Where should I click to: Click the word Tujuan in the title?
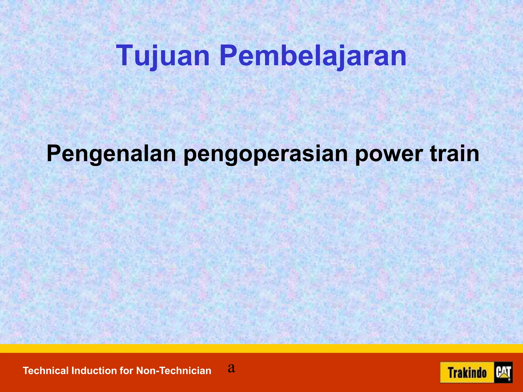coord(163,56)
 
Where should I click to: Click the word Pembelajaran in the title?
coord(313,56)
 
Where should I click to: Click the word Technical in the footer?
coord(46,371)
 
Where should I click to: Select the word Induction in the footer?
coord(94,371)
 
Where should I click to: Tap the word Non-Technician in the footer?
coord(174,371)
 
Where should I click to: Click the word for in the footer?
coord(127,371)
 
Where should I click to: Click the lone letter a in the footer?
coord(231,368)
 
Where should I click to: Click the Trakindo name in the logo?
coord(467,373)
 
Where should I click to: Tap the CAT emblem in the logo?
coord(503,373)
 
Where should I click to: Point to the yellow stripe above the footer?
coord(261,348)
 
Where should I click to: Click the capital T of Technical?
coord(26,371)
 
